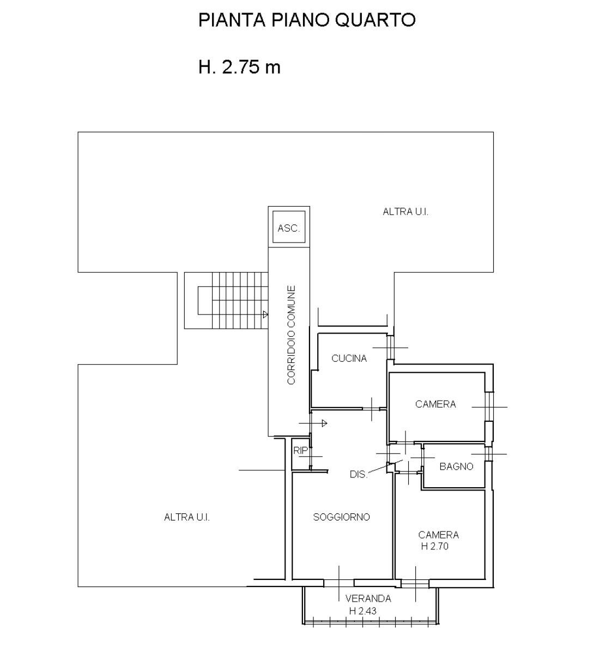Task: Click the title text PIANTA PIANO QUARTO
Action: click(306, 20)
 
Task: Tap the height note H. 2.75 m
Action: click(239, 68)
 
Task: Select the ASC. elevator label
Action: click(288, 228)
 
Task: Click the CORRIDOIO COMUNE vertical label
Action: click(291, 335)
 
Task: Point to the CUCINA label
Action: click(349, 358)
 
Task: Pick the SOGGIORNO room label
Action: click(341, 517)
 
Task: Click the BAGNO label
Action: click(456, 467)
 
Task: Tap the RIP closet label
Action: click(300, 451)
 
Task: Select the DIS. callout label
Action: click(358, 474)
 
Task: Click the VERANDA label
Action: click(368, 598)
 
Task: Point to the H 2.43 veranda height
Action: click(362, 610)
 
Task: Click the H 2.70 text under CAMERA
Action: click(434, 546)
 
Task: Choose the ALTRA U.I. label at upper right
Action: click(405, 212)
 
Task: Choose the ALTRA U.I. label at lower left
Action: click(187, 517)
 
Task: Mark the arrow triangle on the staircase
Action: click(265, 314)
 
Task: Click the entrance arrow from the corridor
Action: click(313, 423)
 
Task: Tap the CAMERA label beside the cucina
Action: click(435, 404)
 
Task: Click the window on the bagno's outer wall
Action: click(488, 454)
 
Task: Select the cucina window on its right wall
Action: click(390, 347)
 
